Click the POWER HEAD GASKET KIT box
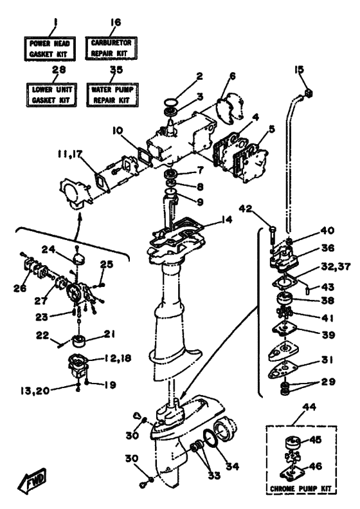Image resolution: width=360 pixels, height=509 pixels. (x=50, y=49)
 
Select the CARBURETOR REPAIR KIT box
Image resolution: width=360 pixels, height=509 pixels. (x=111, y=48)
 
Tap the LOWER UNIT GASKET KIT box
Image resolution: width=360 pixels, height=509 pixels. (x=51, y=95)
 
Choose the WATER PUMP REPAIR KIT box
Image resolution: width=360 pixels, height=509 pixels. (x=113, y=95)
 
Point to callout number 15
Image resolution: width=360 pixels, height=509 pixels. (x=300, y=69)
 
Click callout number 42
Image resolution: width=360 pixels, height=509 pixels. (x=245, y=208)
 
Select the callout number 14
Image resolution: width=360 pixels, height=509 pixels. (x=227, y=220)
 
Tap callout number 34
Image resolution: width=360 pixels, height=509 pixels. (x=232, y=466)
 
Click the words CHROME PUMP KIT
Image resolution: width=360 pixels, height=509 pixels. (x=301, y=488)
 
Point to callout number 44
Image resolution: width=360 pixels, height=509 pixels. (x=309, y=407)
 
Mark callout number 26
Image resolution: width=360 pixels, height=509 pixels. (x=20, y=288)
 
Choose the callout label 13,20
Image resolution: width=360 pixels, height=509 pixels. (x=34, y=391)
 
